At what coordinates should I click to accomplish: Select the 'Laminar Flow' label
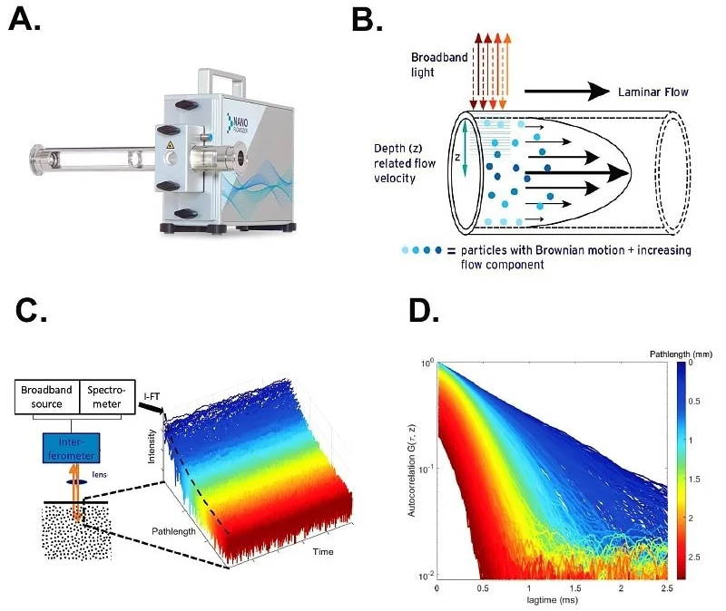(x=647, y=91)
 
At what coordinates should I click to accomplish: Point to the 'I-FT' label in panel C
(x=153, y=396)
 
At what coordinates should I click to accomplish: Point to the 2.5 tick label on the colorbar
(x=694, y=550)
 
